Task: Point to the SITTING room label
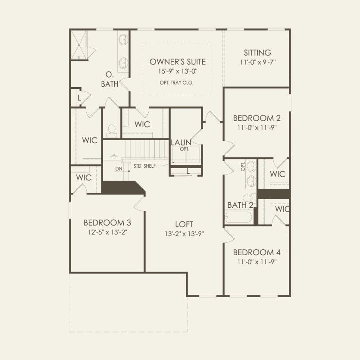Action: (x=257, y=53)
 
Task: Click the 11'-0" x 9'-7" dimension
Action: (x=257, y=62)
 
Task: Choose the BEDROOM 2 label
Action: (x=254, y=118)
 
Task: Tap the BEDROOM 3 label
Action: (x=107, y=223)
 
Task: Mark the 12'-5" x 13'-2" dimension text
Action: (x=107, y=232)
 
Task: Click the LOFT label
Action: (x=184, y=224)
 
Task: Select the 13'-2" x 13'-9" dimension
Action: (x=184, y=234)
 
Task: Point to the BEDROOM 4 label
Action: (x=254, y=252)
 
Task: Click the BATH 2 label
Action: (x=240, y=205)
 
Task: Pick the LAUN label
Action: (x=181, y=142)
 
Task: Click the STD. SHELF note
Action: (x=145, y=166)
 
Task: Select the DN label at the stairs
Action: (x=119, y=169)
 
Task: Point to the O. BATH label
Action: (x=110, y=79)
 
